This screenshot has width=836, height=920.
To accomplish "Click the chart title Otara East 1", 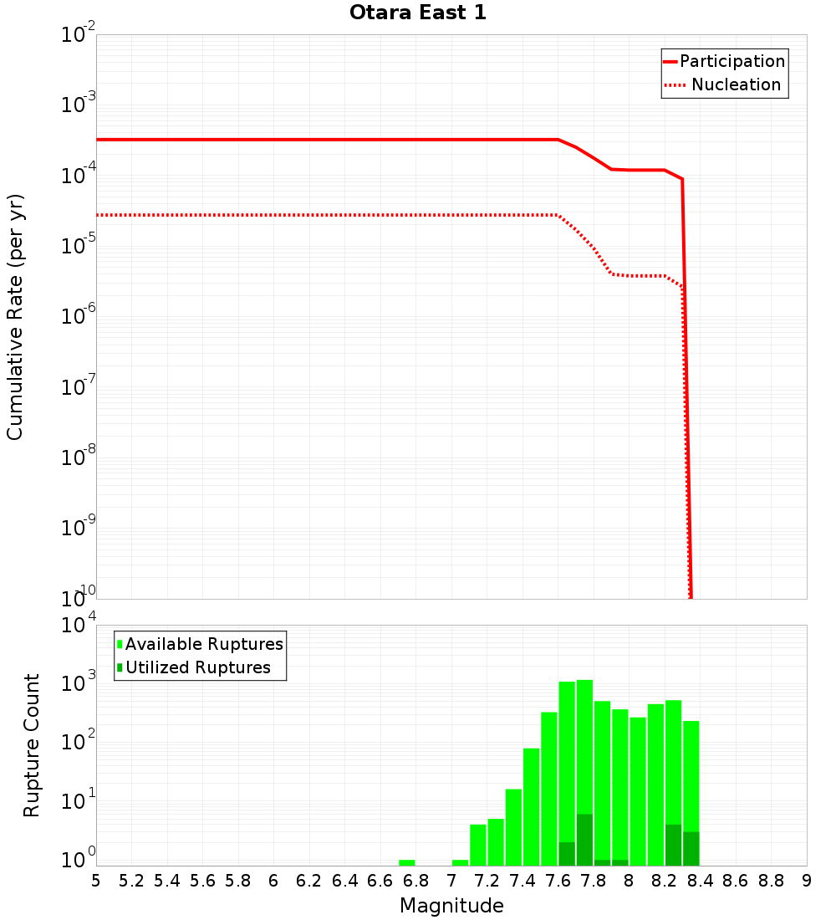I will coord(418,13).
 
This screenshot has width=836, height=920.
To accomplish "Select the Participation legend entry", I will coord(732,62).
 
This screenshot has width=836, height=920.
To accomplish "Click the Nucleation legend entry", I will coord(736,84).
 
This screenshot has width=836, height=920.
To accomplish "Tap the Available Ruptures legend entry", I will coord(204,644).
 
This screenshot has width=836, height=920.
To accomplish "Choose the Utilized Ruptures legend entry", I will coord(197,667).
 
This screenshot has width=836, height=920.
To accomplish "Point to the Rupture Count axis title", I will coord(32,744).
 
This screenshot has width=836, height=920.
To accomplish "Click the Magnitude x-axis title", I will coord(451,905).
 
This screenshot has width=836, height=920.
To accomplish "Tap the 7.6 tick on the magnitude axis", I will coord(558,880).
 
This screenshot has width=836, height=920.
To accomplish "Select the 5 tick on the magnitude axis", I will coord(96,880).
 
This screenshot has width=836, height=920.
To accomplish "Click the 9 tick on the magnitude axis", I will coord(806,880).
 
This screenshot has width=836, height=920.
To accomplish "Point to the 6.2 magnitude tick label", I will coord(309,880).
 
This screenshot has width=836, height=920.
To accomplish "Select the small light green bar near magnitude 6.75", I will coord(407,862).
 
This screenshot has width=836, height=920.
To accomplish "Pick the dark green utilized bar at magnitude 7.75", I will coord(584,840).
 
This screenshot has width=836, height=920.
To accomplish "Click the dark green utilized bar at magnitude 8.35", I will coord(691,848).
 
